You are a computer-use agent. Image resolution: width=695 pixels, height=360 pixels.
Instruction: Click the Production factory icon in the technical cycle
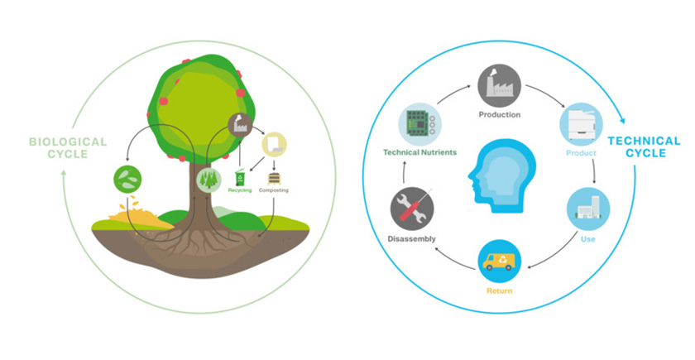pyautogui.click(x=499, y=85)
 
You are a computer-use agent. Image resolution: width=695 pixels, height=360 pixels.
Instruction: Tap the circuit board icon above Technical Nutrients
pyautogui.click(x=419, y=124)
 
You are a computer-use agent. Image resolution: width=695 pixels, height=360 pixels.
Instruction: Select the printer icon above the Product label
pyautogui.click(x=581, y=125)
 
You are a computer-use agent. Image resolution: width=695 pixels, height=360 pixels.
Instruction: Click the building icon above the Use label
pyautogui.click(x=588, y=209)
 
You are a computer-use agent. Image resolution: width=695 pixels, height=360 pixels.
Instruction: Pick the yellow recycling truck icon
pyautogui.click(x=499, y=262)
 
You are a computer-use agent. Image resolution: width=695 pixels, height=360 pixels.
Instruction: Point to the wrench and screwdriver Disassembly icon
pyautogui.click(x=412, y=209)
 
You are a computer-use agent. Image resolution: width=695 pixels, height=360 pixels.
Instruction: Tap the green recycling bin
pyautogui.click(x=240, y=178)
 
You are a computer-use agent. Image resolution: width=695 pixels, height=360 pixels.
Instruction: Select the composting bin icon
pyautogui.click(x=274, y=178)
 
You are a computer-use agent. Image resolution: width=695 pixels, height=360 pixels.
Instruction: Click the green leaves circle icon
pyautogui.click(x=127, y=180)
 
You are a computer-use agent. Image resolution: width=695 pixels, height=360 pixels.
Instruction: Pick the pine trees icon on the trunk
pyautogui.click(x=208, y=180)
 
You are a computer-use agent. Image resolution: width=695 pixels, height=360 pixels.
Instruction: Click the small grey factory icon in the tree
pyautogui.click(x=240, y=125)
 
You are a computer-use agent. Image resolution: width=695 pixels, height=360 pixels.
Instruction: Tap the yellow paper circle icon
pyautogui.click(x=274, y=145)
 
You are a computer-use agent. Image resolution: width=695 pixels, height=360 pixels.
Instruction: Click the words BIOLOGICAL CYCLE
pyautogui.click(x=68, y=148)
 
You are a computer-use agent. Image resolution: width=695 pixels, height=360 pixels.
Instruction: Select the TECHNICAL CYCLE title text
pyautogui.click(x=644, y=146)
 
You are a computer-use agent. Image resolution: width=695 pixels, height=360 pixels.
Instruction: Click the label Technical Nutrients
pyautogui.click(x=419, y=152)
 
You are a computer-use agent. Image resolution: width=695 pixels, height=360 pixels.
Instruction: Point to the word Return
pyautogui.click(x=500, y=290)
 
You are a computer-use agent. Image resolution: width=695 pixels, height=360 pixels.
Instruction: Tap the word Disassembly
pyautogui.click(x=412, y=239)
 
